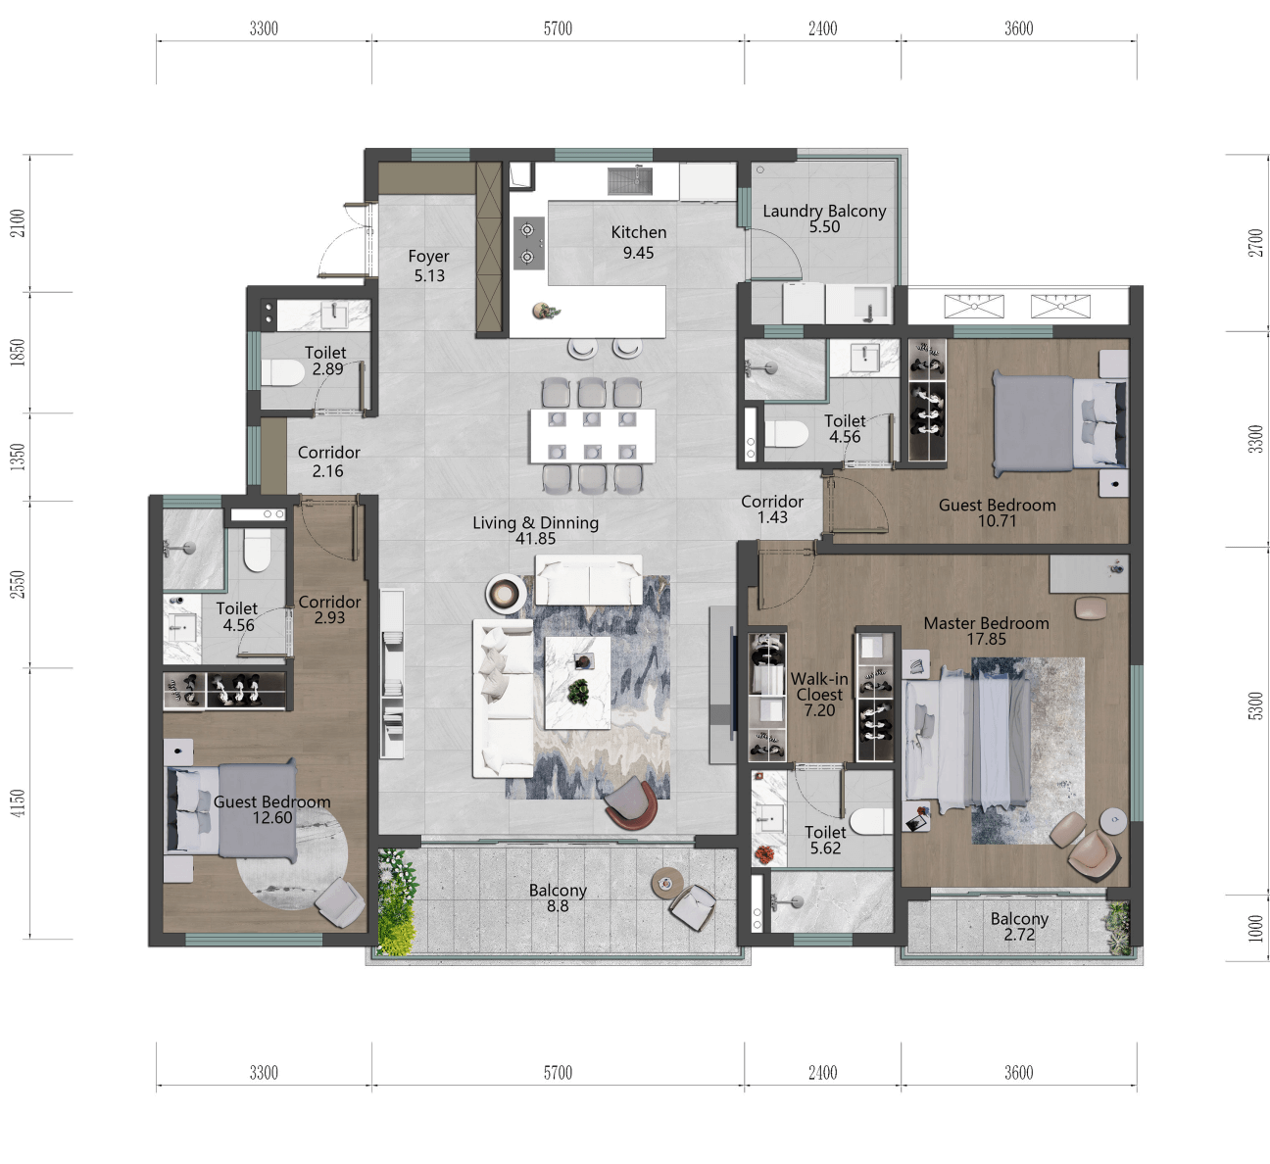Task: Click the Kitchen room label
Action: [638, 232]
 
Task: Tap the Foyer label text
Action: [428, 257]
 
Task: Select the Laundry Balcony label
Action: [824, 211]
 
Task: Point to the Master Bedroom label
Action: [987, 623]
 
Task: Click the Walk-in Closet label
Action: [819, 687]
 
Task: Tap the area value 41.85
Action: [536, 539]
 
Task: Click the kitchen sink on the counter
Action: [630, 181]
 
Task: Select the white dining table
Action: [593, 436]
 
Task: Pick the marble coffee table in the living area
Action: [577, 683]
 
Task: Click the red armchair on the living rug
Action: [630, 803]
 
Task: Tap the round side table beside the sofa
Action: [506, 594]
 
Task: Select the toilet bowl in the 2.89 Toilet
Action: [283, 373]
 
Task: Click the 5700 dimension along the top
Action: [558, 28]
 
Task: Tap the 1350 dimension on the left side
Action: [18, 457]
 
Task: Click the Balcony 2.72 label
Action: [1019, 926]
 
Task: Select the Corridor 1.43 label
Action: [772, 509]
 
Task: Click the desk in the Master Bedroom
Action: [1089, 574]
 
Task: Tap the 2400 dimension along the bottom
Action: [822, 1073]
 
